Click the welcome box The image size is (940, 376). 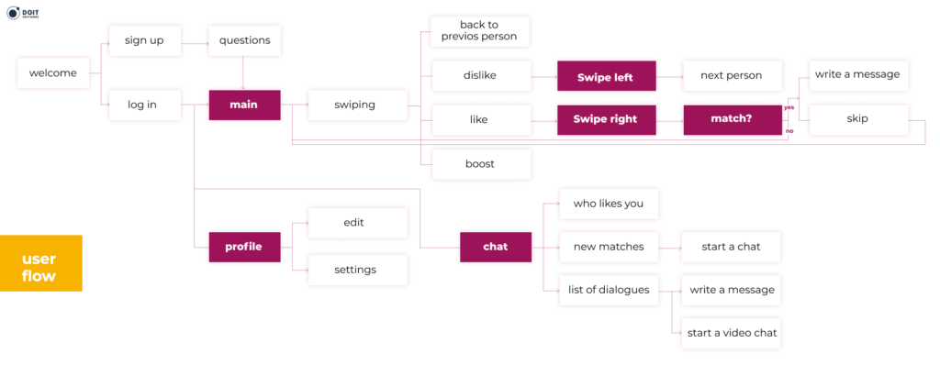click(53, 73)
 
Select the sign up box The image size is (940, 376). click(144, 40)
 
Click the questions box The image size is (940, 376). click(244, 40)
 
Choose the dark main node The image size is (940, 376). click(243, 105)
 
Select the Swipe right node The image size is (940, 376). click(606, 119)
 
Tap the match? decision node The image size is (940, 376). click(732, 119)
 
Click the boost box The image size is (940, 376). click(479, 163)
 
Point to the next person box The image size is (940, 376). click(732, 75)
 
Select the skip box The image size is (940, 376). click(858, 119)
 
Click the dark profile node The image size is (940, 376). click(243, 247)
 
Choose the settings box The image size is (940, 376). click(354, 270)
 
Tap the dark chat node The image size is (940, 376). click(495, 247)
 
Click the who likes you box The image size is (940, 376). click(608, 204)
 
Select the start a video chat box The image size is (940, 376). click(733, 333)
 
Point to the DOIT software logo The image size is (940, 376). click(28, 16)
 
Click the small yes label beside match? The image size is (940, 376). click(789, 107)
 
